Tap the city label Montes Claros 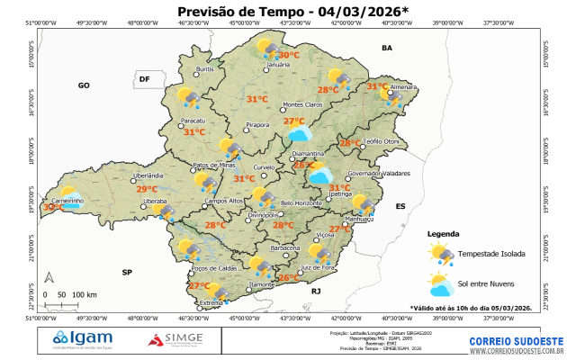(x=302, y=104)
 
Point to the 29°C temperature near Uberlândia (x=147, y=189)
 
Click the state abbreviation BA (x=387, y=48)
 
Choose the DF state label (x=143, y=80)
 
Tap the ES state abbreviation (x=401, y=206)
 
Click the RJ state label (x=316, y=292)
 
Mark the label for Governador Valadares (x=376, y=173)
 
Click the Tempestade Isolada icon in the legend (x=442, y=255)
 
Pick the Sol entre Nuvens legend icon (x=442, y=287)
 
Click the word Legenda (x=444, y=233)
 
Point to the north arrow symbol (x=49, y=278)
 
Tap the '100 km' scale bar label (x=85, y=294)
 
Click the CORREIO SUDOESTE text (x=517, y=341)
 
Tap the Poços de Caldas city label (x=212, y=268)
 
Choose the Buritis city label (x=205, y=69)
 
